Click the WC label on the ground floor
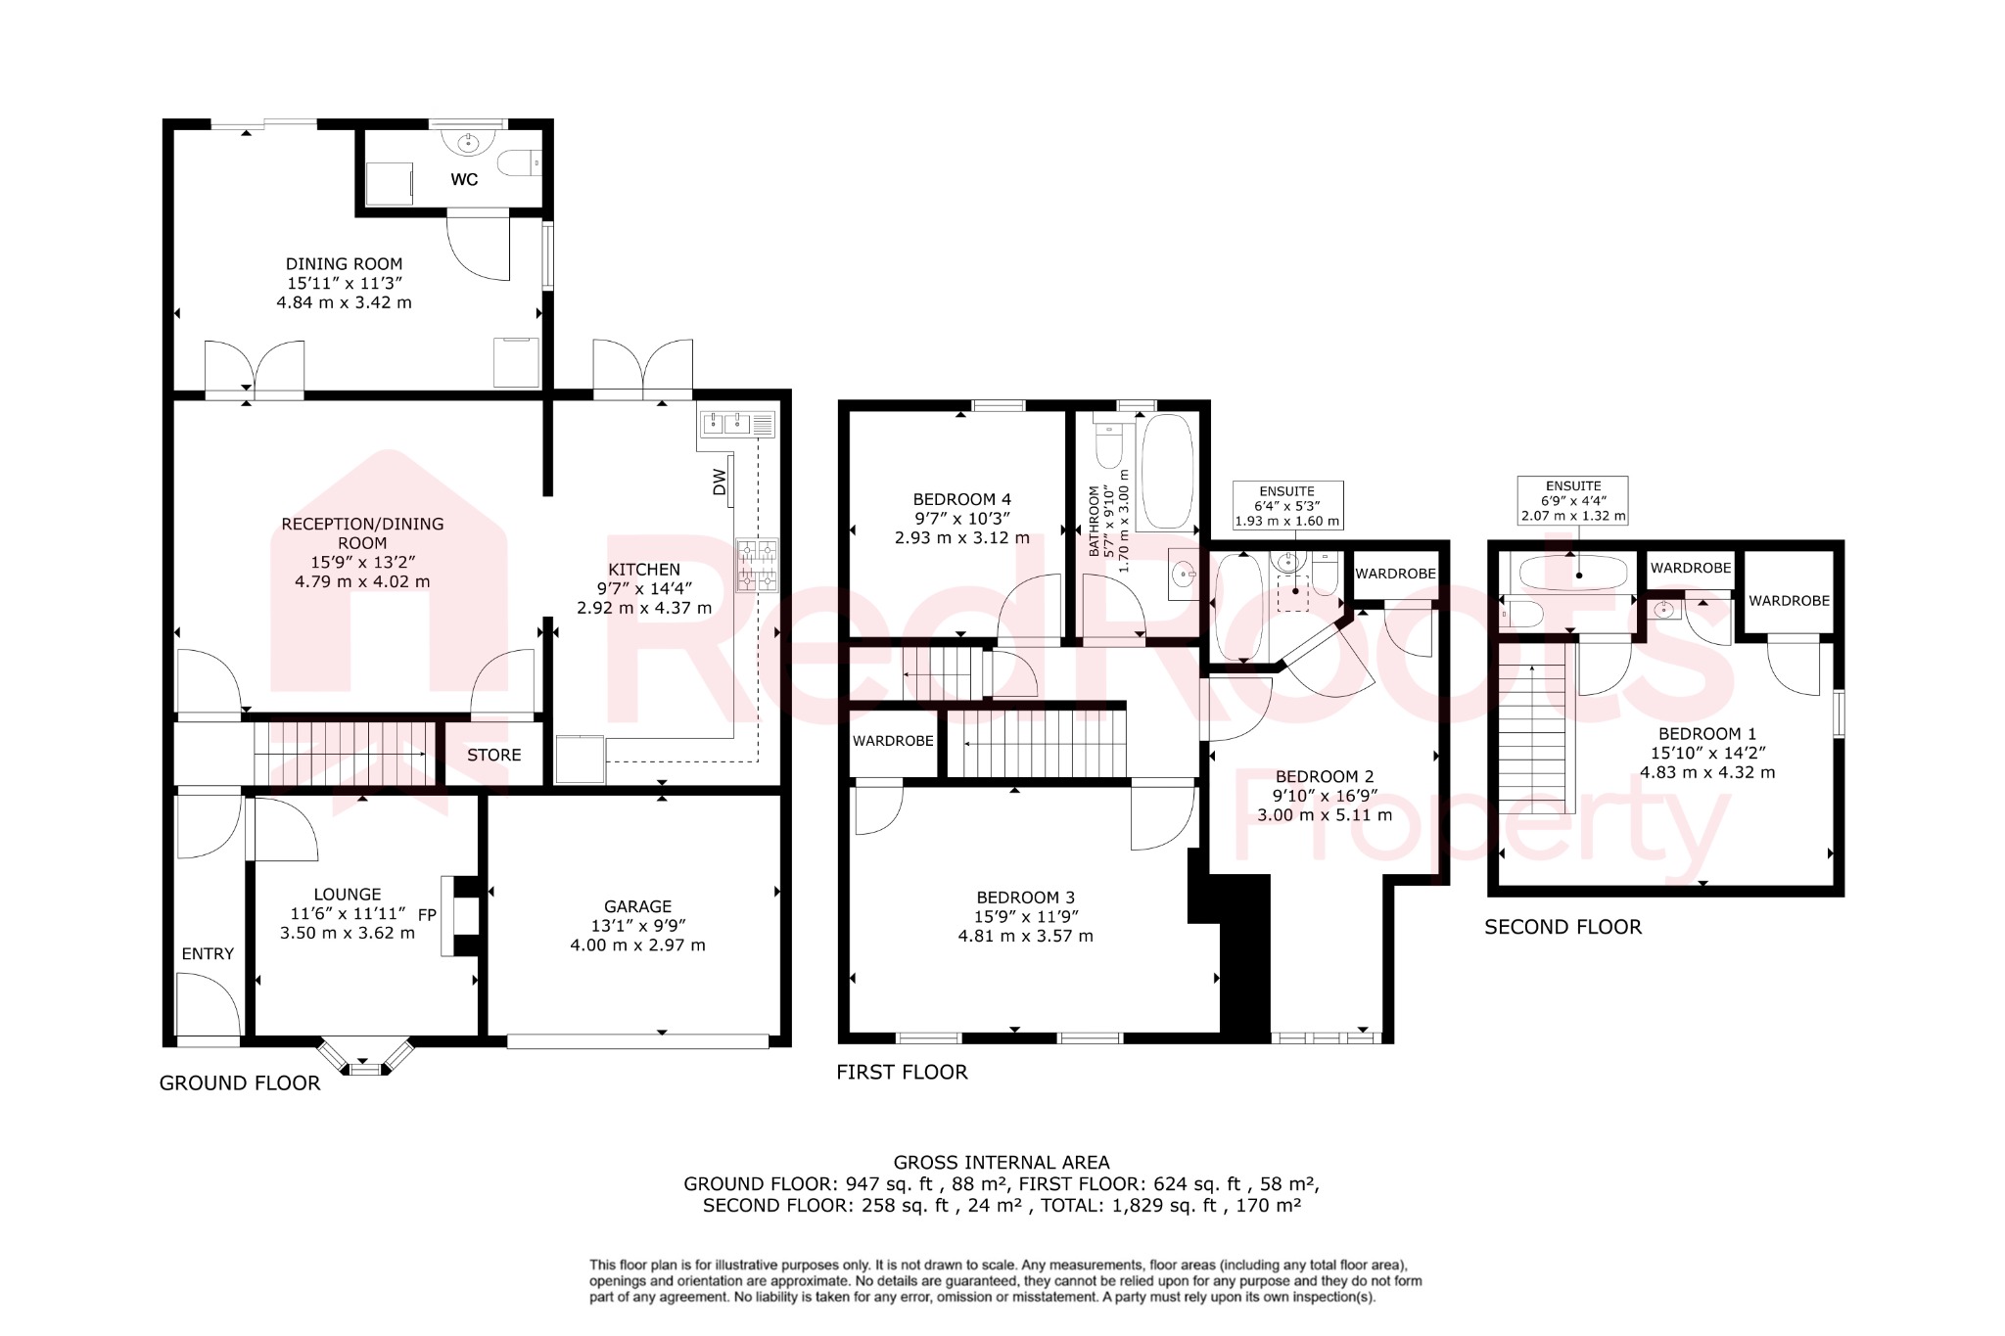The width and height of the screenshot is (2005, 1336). click(x=464, y=180)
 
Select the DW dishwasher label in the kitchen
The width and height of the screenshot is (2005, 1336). click(x=720, y=482)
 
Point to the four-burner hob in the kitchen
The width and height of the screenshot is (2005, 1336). click(x=758, y=566)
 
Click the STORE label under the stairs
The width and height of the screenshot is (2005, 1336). click(x=493, y=755)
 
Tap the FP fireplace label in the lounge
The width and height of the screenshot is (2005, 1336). click(x=427, y=915)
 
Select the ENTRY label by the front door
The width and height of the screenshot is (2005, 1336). click(x=208, y=953)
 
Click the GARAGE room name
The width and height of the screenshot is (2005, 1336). click(x=637, y=906)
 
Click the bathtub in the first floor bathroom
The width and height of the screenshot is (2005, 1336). click(x=1167, y=472)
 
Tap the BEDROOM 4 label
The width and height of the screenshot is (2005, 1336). click(x=961, y=498)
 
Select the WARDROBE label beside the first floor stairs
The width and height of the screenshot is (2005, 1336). click(x=893, y=741)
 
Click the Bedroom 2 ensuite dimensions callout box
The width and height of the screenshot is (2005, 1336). click(x=1286, y=506)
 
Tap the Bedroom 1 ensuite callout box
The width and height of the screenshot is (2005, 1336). click(x=1572, y=500)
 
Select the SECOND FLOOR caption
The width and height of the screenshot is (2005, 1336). click(x=1562, y=927)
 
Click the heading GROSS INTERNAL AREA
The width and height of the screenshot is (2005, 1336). click(x=1002, y=1163)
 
